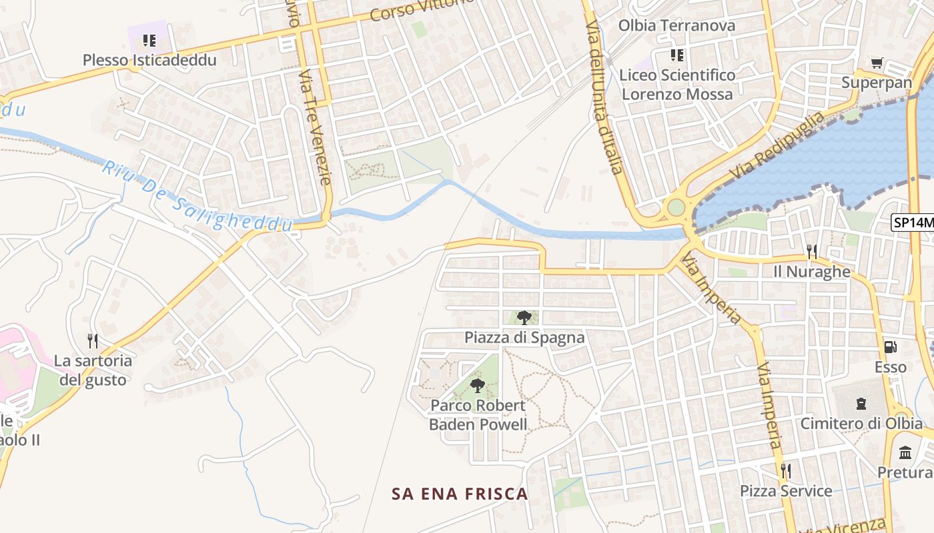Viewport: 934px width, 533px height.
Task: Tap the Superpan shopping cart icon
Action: [x=877, y=63]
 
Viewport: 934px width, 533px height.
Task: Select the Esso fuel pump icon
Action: [x=890, y=347]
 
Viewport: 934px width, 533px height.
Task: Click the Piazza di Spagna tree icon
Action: [x=524, y=318]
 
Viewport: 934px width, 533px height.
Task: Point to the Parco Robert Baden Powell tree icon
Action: [x=477, y=385]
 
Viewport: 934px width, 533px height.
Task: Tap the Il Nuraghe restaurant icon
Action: [x=811, y=252]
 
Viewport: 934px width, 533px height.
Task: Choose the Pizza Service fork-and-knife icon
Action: [x=786, y=471]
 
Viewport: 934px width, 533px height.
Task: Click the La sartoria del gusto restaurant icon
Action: [x=93, y=341]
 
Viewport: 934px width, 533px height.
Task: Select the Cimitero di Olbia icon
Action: [x=861, y=403]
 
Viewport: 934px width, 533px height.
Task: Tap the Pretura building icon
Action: [x=905, y=453]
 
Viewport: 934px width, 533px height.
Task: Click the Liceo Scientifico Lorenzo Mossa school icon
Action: [x=677, y=55]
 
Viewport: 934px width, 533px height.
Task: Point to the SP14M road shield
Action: [x=913, y=223]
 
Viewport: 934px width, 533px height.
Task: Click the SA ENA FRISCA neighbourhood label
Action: [x=460, y=494]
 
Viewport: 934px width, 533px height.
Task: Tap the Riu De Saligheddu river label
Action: [x=197, y=197]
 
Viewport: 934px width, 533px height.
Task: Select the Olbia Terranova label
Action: [x=676, y=26]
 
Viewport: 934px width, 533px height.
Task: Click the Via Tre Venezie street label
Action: [x=315, y=127]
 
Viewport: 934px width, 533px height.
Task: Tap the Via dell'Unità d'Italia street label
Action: [x=604, y=97]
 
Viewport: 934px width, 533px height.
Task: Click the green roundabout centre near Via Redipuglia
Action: [x=676, y=207]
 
